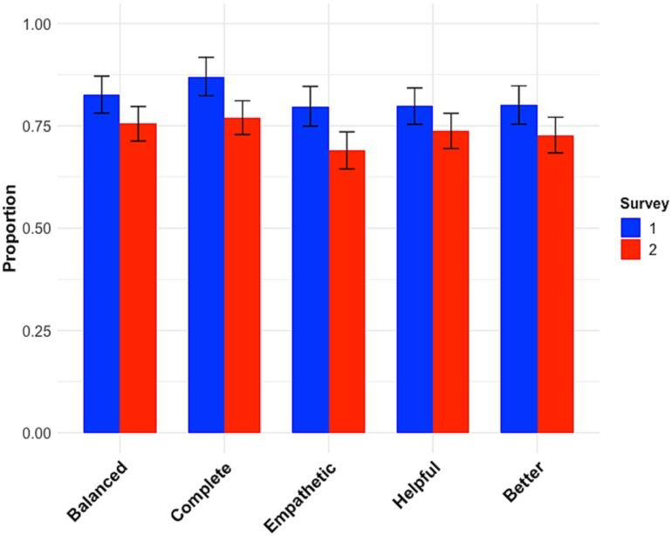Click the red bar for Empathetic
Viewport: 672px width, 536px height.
pos(346,292)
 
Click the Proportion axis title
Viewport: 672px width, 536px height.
pos(10,229)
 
